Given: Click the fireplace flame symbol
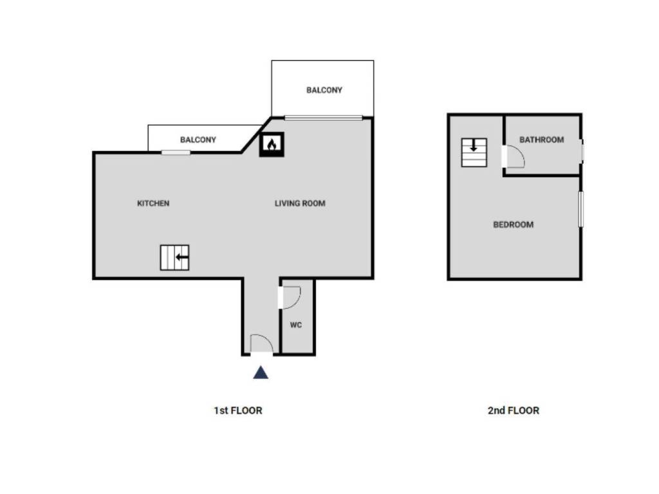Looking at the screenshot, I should (x=272, y=145).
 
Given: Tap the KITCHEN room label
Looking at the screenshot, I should (x=153, y=203).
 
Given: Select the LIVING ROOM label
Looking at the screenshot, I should (x=300, y=203).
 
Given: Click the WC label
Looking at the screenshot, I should (x=296, y=325).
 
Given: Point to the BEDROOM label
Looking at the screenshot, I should (x=513, y=224).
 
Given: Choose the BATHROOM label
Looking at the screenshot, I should (x=541, y=140).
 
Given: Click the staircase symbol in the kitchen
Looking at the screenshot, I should (x=174, y=257).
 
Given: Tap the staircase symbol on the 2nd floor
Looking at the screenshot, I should (x=474, y=152).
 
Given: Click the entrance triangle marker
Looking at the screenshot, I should (x=260, y=372).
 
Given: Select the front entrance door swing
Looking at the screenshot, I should (x=262, y=345).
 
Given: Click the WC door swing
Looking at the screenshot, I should (x=290, y=298).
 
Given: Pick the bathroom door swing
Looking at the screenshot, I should (x=514, y=157).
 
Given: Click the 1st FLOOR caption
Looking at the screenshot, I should (x=238, y=410).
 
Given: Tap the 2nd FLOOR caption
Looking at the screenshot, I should (x=513, y=410).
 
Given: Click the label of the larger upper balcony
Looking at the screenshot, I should (x=324, y=90).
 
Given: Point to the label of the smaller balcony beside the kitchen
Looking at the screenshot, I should (x=198, y=140).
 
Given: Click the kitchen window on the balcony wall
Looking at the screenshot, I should (x=176, y=152).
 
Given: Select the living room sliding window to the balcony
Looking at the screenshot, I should (x=323, y=117).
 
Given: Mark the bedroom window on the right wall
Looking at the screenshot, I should (x=580, y=208).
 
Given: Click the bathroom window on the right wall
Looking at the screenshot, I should (x=582, y=151).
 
